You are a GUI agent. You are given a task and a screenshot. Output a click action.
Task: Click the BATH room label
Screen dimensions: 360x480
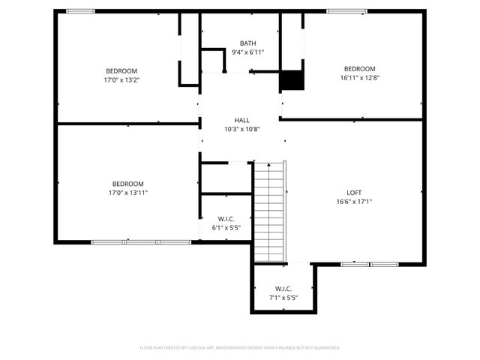247,43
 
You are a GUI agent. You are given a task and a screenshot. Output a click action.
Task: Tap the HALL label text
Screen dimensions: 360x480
241,120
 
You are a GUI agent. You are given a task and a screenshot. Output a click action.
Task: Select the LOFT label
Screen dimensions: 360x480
354,192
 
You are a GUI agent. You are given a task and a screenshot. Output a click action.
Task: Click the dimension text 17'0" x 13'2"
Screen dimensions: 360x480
122,79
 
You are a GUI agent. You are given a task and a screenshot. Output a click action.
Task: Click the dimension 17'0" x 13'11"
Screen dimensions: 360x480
128,193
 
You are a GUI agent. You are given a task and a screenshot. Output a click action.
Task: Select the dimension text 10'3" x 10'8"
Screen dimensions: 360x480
241,129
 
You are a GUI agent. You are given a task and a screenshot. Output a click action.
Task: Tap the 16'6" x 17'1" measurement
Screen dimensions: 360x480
354,201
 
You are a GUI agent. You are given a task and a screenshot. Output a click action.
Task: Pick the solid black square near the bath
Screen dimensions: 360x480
291,80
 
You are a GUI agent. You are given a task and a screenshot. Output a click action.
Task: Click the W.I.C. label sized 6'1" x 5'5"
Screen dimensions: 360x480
225,218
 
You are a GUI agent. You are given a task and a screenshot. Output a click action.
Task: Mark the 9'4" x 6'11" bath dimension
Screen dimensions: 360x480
247,52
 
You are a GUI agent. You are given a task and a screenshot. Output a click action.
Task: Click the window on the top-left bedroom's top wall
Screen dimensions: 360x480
81,11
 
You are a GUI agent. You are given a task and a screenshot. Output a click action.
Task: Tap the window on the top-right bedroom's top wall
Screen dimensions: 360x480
346,11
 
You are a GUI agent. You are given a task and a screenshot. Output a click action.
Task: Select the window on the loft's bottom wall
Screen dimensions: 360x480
369,264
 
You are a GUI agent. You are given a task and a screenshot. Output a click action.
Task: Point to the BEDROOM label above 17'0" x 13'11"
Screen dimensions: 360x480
128,184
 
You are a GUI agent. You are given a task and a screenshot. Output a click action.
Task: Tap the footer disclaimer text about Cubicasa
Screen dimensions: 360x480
240,348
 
